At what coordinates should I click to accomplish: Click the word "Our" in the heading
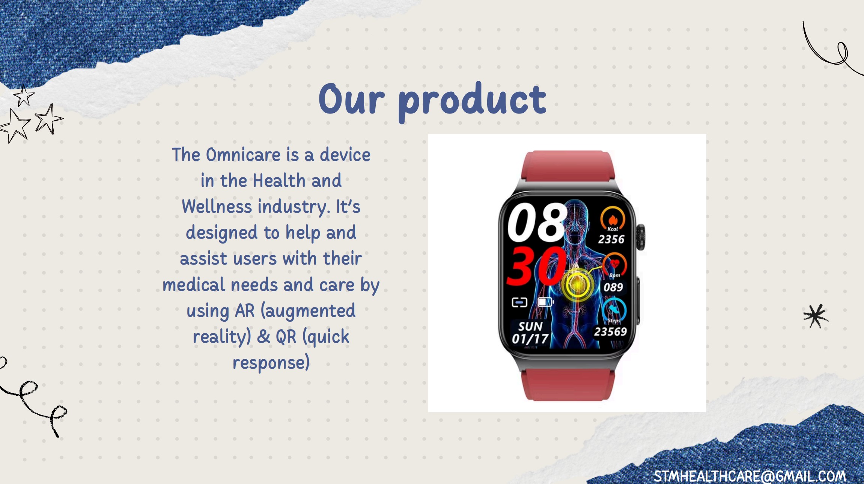(x=352, y=98)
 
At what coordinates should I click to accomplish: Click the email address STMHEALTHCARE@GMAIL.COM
(x=750, y=476)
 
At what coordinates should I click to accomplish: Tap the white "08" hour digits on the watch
(x=537, y=222)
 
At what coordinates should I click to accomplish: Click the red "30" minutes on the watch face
(x=536, y=266)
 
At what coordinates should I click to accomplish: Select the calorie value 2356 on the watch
(x=611, y=239)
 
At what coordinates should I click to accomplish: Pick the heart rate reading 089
(x=613, y=287)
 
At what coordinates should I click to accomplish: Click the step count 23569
(x=610, y=332)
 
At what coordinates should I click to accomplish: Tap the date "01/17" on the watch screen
(x=530, y=339)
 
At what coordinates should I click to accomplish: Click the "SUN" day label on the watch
(x=530, y=326)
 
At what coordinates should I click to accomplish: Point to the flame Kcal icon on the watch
(x=613, y=218)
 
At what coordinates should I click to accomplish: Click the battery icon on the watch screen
(x=546, y=302)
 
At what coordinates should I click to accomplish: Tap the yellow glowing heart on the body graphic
(x=577, y=284)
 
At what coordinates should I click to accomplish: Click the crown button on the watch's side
(x=641, y=237)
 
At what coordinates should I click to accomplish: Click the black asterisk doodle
(x=815, y=316)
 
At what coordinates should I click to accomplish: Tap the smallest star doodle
(x=24, y=95)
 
